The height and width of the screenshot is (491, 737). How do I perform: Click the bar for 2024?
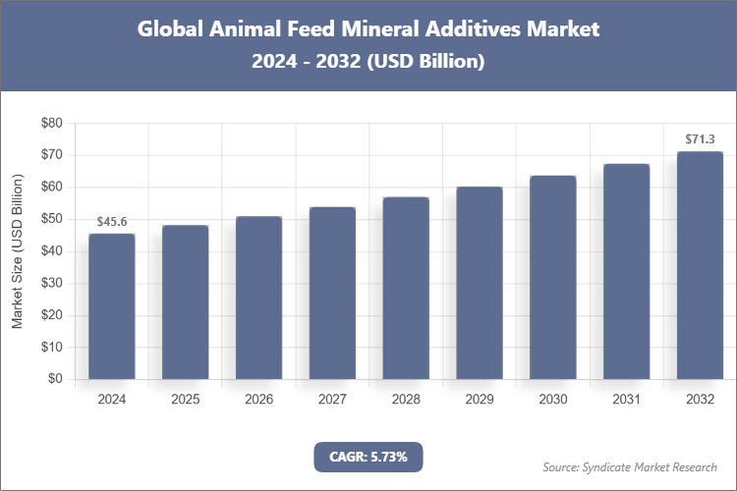click(112, 306)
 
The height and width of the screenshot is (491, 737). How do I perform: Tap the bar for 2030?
click(552, 277)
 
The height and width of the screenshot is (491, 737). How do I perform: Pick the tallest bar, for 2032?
click(700, 265)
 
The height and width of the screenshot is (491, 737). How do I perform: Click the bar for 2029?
click(480, 283)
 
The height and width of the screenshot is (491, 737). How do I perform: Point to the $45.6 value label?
click(112, 223)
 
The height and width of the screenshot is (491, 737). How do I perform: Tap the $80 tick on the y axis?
click(51, 123)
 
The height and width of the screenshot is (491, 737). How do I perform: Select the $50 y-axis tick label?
click(51, 219)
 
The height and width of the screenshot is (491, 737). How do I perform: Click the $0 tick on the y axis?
click(55, 379)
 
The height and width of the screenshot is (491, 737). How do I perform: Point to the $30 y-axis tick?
click(51, 283)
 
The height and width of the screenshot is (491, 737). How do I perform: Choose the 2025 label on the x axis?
click(186, 400)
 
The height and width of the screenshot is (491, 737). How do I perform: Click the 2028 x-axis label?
click(406, 400)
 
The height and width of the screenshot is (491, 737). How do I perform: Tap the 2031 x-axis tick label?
click(626, 400)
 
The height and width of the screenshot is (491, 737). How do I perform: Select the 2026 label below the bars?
click(258, 400)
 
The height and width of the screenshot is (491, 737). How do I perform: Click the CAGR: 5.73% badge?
click(368, 456)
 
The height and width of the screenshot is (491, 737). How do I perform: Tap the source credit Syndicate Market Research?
click(629, 466)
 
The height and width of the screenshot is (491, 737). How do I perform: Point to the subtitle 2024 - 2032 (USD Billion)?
click(368, 61)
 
